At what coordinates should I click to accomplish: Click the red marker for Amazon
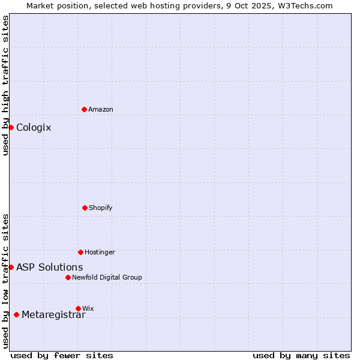[x=84, y=109]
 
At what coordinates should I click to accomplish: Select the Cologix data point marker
[x=11, y=127]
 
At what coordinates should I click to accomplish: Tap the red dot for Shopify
[x=85, y=208]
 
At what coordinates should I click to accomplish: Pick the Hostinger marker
[x=80, y=252]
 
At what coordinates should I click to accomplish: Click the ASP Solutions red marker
[x=11, y=267]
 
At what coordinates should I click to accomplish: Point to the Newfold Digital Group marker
[x=68, y=277]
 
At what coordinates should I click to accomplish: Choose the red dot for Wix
[x=78, y=308]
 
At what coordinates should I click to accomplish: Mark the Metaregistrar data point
[x=16, y=314]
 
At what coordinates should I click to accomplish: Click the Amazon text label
[x=101, y=109]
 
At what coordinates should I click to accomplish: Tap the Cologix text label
[x=34, y=127]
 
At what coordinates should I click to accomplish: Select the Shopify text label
[x=101, y=208]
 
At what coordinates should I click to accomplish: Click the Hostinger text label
[x=100, y=252]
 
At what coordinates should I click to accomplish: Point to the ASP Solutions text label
[x=49, y=267]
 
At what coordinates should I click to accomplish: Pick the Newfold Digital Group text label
[x=107, y=277]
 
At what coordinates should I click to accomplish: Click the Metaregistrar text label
[x=53, y=315]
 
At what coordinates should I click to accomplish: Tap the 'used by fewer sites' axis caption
[x=62, y=355]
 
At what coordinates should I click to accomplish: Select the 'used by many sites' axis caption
[x=301, y=355]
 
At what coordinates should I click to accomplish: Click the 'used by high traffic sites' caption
[x=5, y=85]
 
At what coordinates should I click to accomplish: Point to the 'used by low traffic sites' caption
[x=5, y=280]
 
